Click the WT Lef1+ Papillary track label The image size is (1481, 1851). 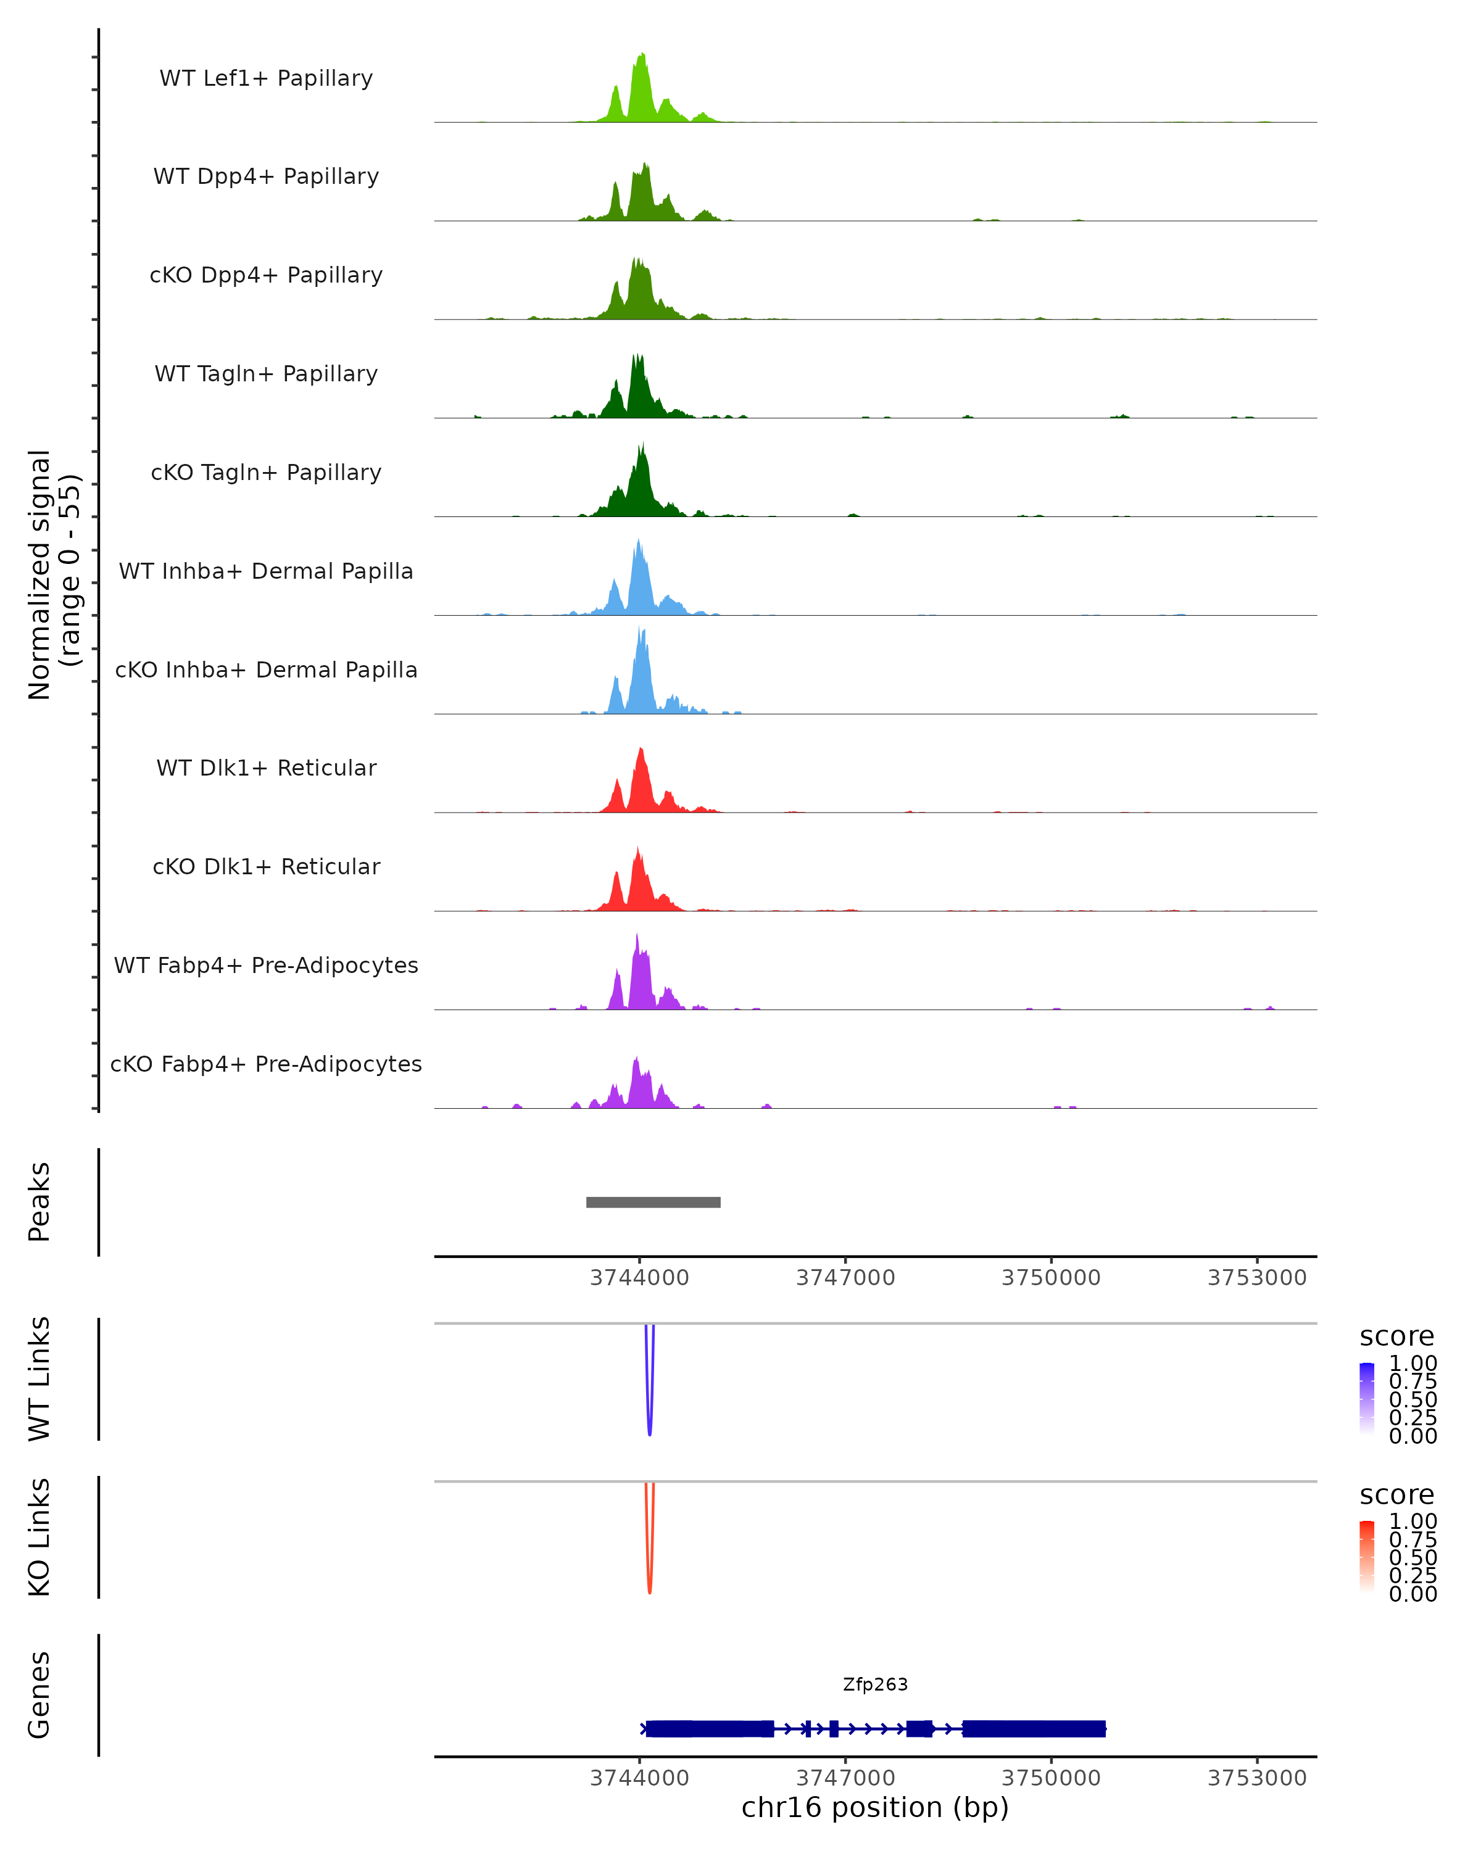point(266,78)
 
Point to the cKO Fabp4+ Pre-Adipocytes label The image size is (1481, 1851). point(266,1064)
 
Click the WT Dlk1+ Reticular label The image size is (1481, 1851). point(266,768)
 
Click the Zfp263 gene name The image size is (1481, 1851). point(875,1684)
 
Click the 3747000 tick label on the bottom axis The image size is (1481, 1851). point(845,1778)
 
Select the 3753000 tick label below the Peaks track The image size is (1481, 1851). point(1257,1278)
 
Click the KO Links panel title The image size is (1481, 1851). point(39,1537)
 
